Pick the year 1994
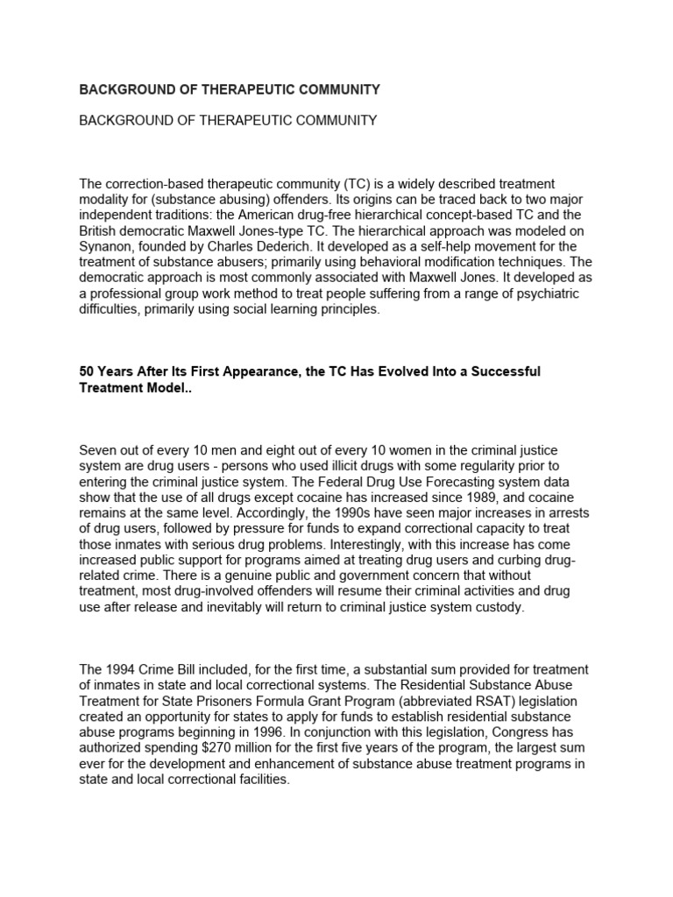pos(121,670)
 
